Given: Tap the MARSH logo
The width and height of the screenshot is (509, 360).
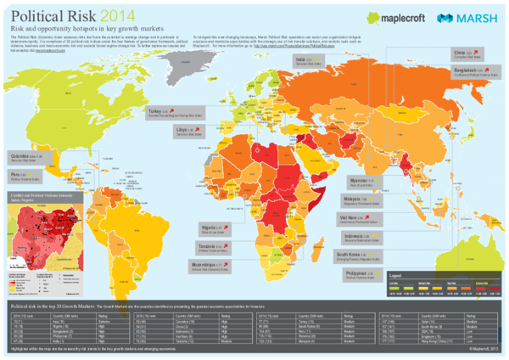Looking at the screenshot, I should (x=466, y=18).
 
